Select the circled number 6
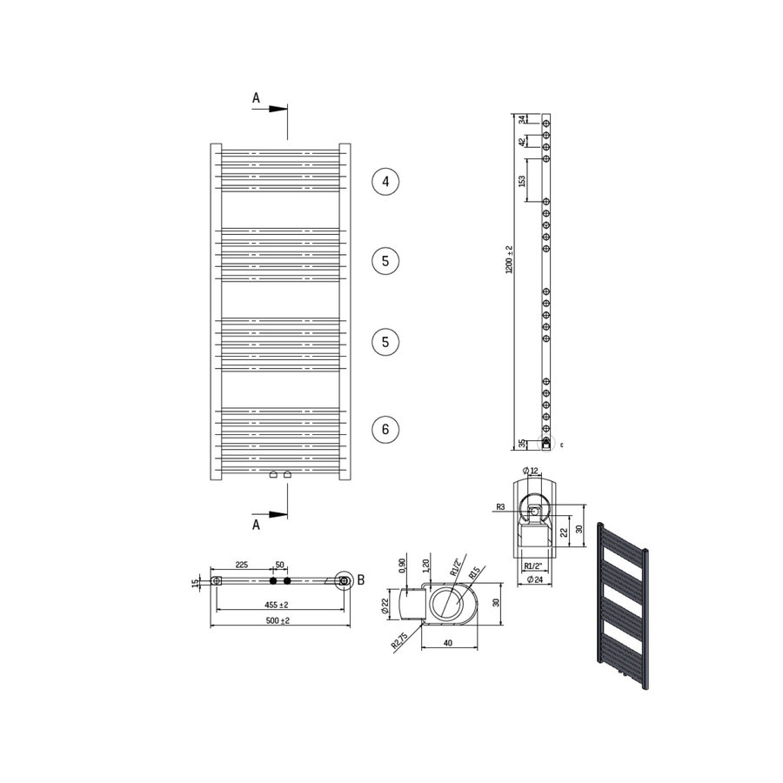click(385, 428)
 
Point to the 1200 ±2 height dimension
click(510, 259)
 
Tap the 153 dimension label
click(522, 181)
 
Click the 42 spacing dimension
click(522, 142)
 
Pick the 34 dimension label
click(522, 120)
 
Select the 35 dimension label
click(522, 444)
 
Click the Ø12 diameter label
click(531, 472)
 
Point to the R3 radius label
click(500, 506)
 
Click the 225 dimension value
click(244, 565)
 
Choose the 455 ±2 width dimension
click(278, 604)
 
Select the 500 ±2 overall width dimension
click(278, 620)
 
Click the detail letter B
click(361, 579)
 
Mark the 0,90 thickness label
click(401, 566)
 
